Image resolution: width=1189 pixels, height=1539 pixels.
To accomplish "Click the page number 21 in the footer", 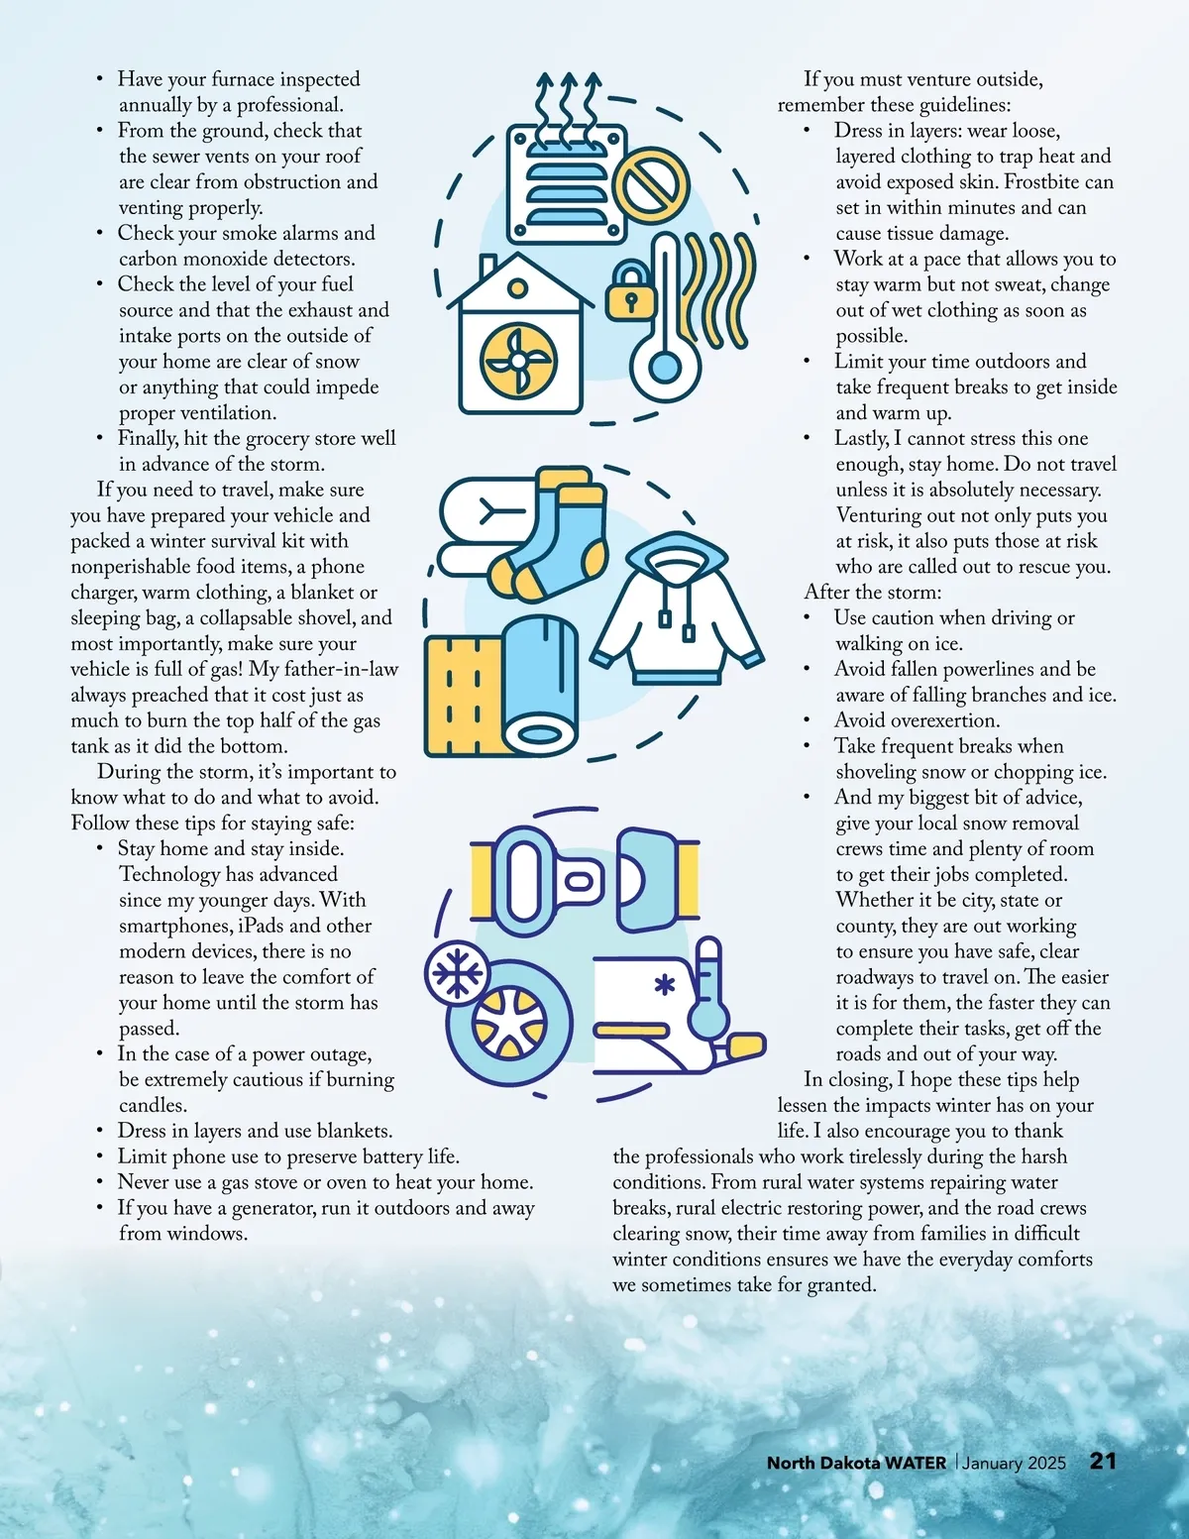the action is pos(1103,1461).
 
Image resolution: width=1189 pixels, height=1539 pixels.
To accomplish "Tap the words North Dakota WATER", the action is pos(856,1463).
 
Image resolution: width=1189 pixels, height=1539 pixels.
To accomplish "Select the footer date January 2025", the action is pos(1014,1464).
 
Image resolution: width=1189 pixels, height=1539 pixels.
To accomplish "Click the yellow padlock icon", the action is pos(630,291).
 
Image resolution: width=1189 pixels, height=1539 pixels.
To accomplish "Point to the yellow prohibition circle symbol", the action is pos(650,182).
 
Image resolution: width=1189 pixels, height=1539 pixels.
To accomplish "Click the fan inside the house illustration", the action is pos(517,360).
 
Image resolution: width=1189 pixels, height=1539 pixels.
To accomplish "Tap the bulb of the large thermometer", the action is pos(664,367).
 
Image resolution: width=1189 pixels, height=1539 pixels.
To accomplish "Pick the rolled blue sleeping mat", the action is pos(540,686).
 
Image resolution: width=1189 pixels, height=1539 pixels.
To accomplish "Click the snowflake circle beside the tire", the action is pos(458,973).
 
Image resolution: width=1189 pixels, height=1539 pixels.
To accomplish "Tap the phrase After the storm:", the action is pos(872,592).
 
